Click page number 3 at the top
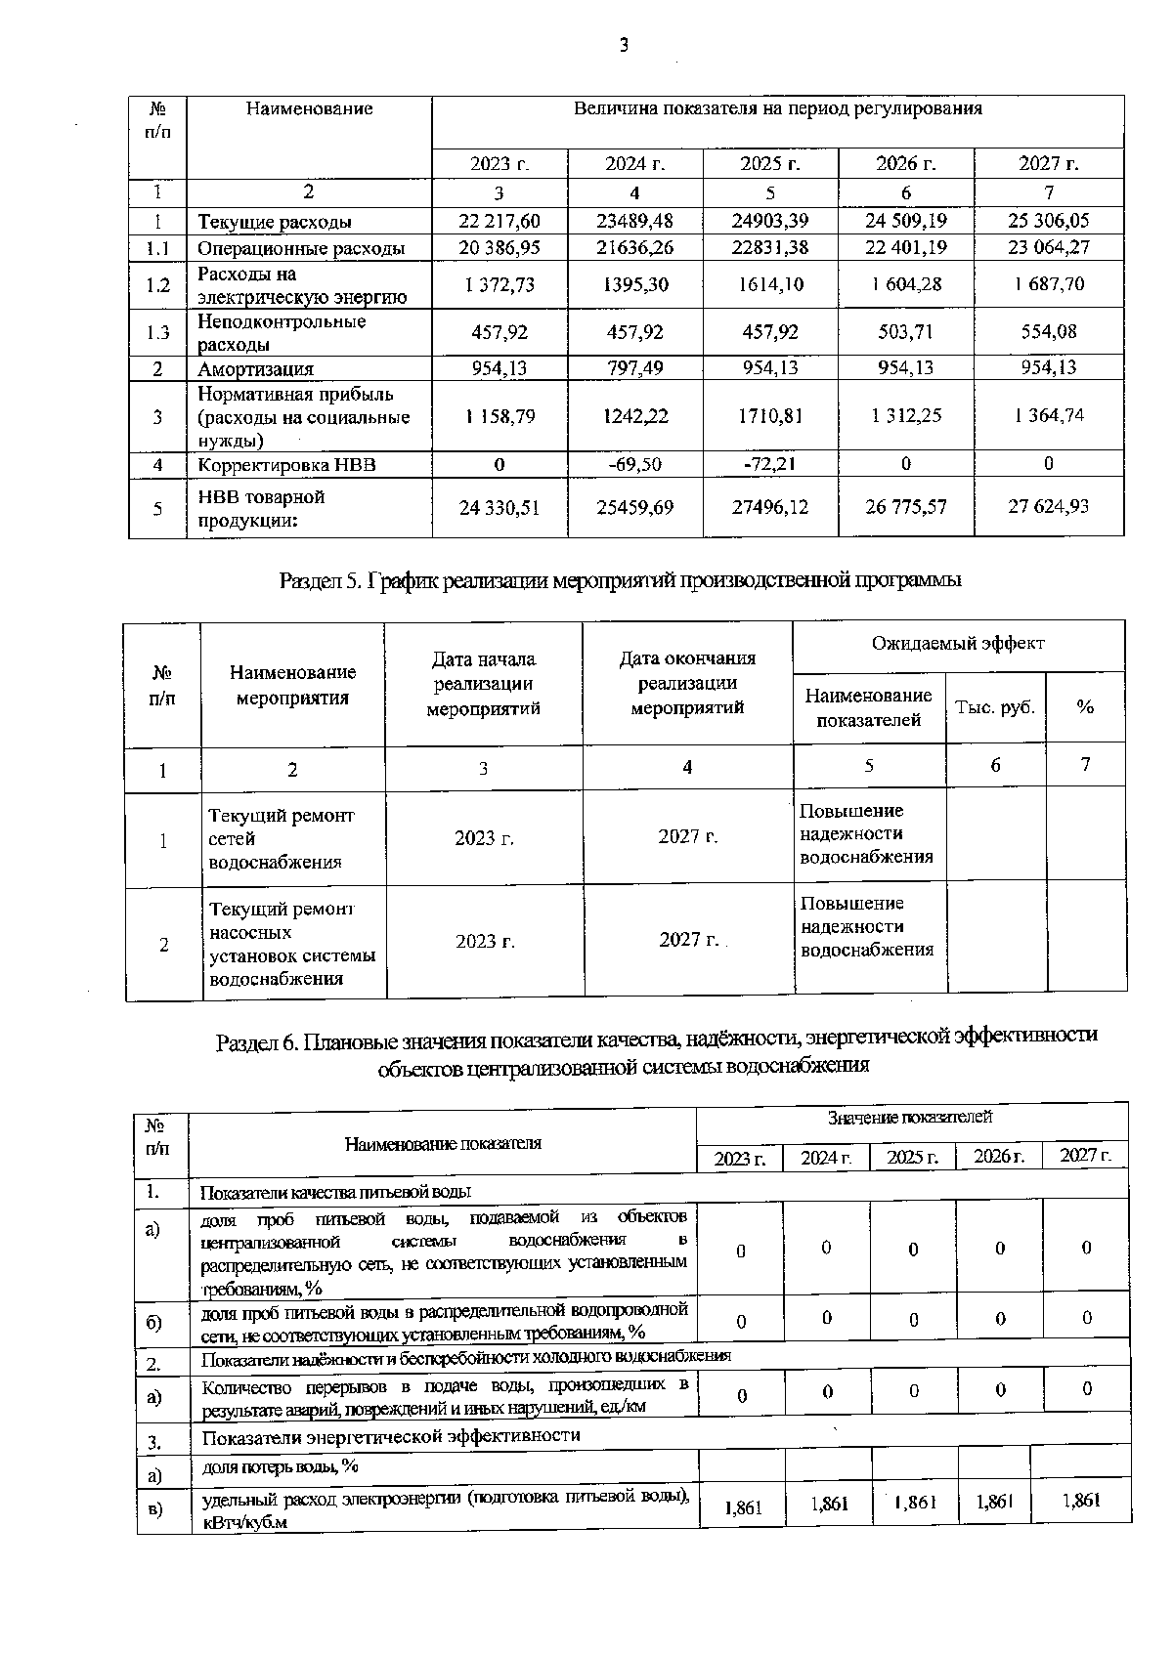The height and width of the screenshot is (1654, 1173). [623, 45]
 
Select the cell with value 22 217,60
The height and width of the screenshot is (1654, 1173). [500, 221]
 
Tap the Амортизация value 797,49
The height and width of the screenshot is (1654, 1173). [634, 368]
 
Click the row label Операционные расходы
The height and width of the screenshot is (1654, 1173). [301, 248]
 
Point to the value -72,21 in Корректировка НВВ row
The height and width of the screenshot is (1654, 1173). [770, 464]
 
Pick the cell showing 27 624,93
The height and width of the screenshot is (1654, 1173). [1048, 506]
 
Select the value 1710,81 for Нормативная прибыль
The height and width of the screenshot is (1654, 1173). [770, 416]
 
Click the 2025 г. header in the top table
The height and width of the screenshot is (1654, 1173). [770, 163]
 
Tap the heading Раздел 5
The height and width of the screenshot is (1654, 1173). [620, 580]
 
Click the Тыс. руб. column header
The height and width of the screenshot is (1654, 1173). [995, 707]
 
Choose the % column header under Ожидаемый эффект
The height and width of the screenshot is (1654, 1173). [1085, 707]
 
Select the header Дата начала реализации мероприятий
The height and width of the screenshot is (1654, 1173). [483, 684]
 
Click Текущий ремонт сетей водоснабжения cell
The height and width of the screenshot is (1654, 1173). [282, 838]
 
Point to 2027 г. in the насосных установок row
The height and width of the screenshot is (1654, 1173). [689, 940]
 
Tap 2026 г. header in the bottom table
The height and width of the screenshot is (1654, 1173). [999, 1157]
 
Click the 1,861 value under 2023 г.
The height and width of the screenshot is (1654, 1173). [743, 1507]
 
